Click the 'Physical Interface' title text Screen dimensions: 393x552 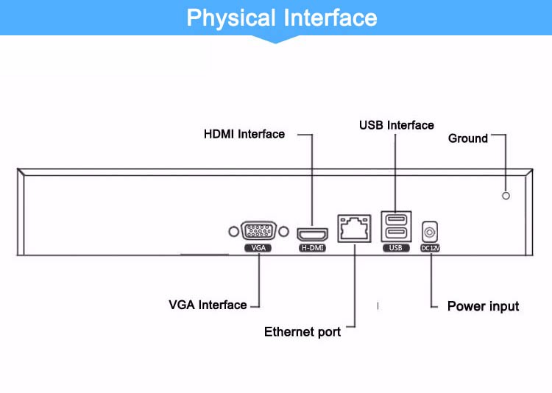click(281, 18)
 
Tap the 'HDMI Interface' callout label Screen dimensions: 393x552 click(244, 134)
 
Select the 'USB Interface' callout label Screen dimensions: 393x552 click(396, 125)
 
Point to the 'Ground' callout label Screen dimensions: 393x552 click(467, 138)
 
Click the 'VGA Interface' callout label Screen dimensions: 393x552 click(208, 305)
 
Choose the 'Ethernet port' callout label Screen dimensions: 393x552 click(302, 332)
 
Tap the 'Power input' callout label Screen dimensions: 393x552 click(483, 306)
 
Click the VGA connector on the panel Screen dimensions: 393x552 click(258, 231)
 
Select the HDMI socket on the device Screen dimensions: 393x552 click(312, 234)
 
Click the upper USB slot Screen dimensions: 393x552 click(396, 220)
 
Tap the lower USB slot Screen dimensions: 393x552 click(396, 234)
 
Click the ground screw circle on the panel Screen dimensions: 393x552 click(506, 195)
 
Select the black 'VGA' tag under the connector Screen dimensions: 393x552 click(258, 248)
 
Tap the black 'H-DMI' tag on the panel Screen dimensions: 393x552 click(312, 248)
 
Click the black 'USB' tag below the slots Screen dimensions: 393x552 click(396, 248)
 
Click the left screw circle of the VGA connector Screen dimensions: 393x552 click(233, 231)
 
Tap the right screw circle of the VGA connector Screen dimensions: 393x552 click(283, 231)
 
